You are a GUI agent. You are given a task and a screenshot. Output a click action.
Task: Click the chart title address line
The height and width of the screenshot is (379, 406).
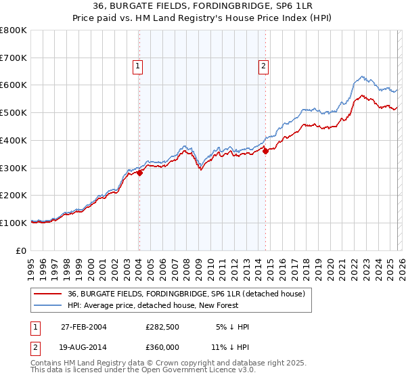(x=203, y=6)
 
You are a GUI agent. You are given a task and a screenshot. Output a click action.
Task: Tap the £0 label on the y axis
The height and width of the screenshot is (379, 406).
(x=22, y=250)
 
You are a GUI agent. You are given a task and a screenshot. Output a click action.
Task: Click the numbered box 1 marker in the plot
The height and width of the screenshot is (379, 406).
(x=137, y=66)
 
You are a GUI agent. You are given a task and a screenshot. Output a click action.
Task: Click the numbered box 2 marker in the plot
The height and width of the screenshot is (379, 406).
(x=263, y=66)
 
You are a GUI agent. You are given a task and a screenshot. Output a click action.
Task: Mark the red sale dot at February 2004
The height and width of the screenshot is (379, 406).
(x=140, y=173)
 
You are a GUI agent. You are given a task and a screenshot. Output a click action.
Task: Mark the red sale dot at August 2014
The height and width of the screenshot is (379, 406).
(x=265, y=151)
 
